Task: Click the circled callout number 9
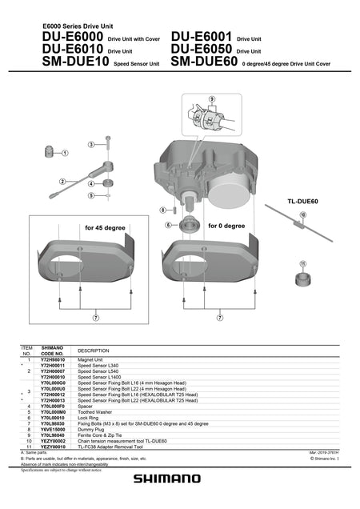point(211,98)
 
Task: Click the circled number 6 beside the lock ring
point(169,226)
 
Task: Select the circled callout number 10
point(303,214)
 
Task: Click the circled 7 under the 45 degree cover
point(96,318)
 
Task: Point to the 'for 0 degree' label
point(226,226)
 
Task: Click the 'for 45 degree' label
point(106,227)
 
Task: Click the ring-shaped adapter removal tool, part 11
point(303,280)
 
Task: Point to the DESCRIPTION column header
point(93,351)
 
